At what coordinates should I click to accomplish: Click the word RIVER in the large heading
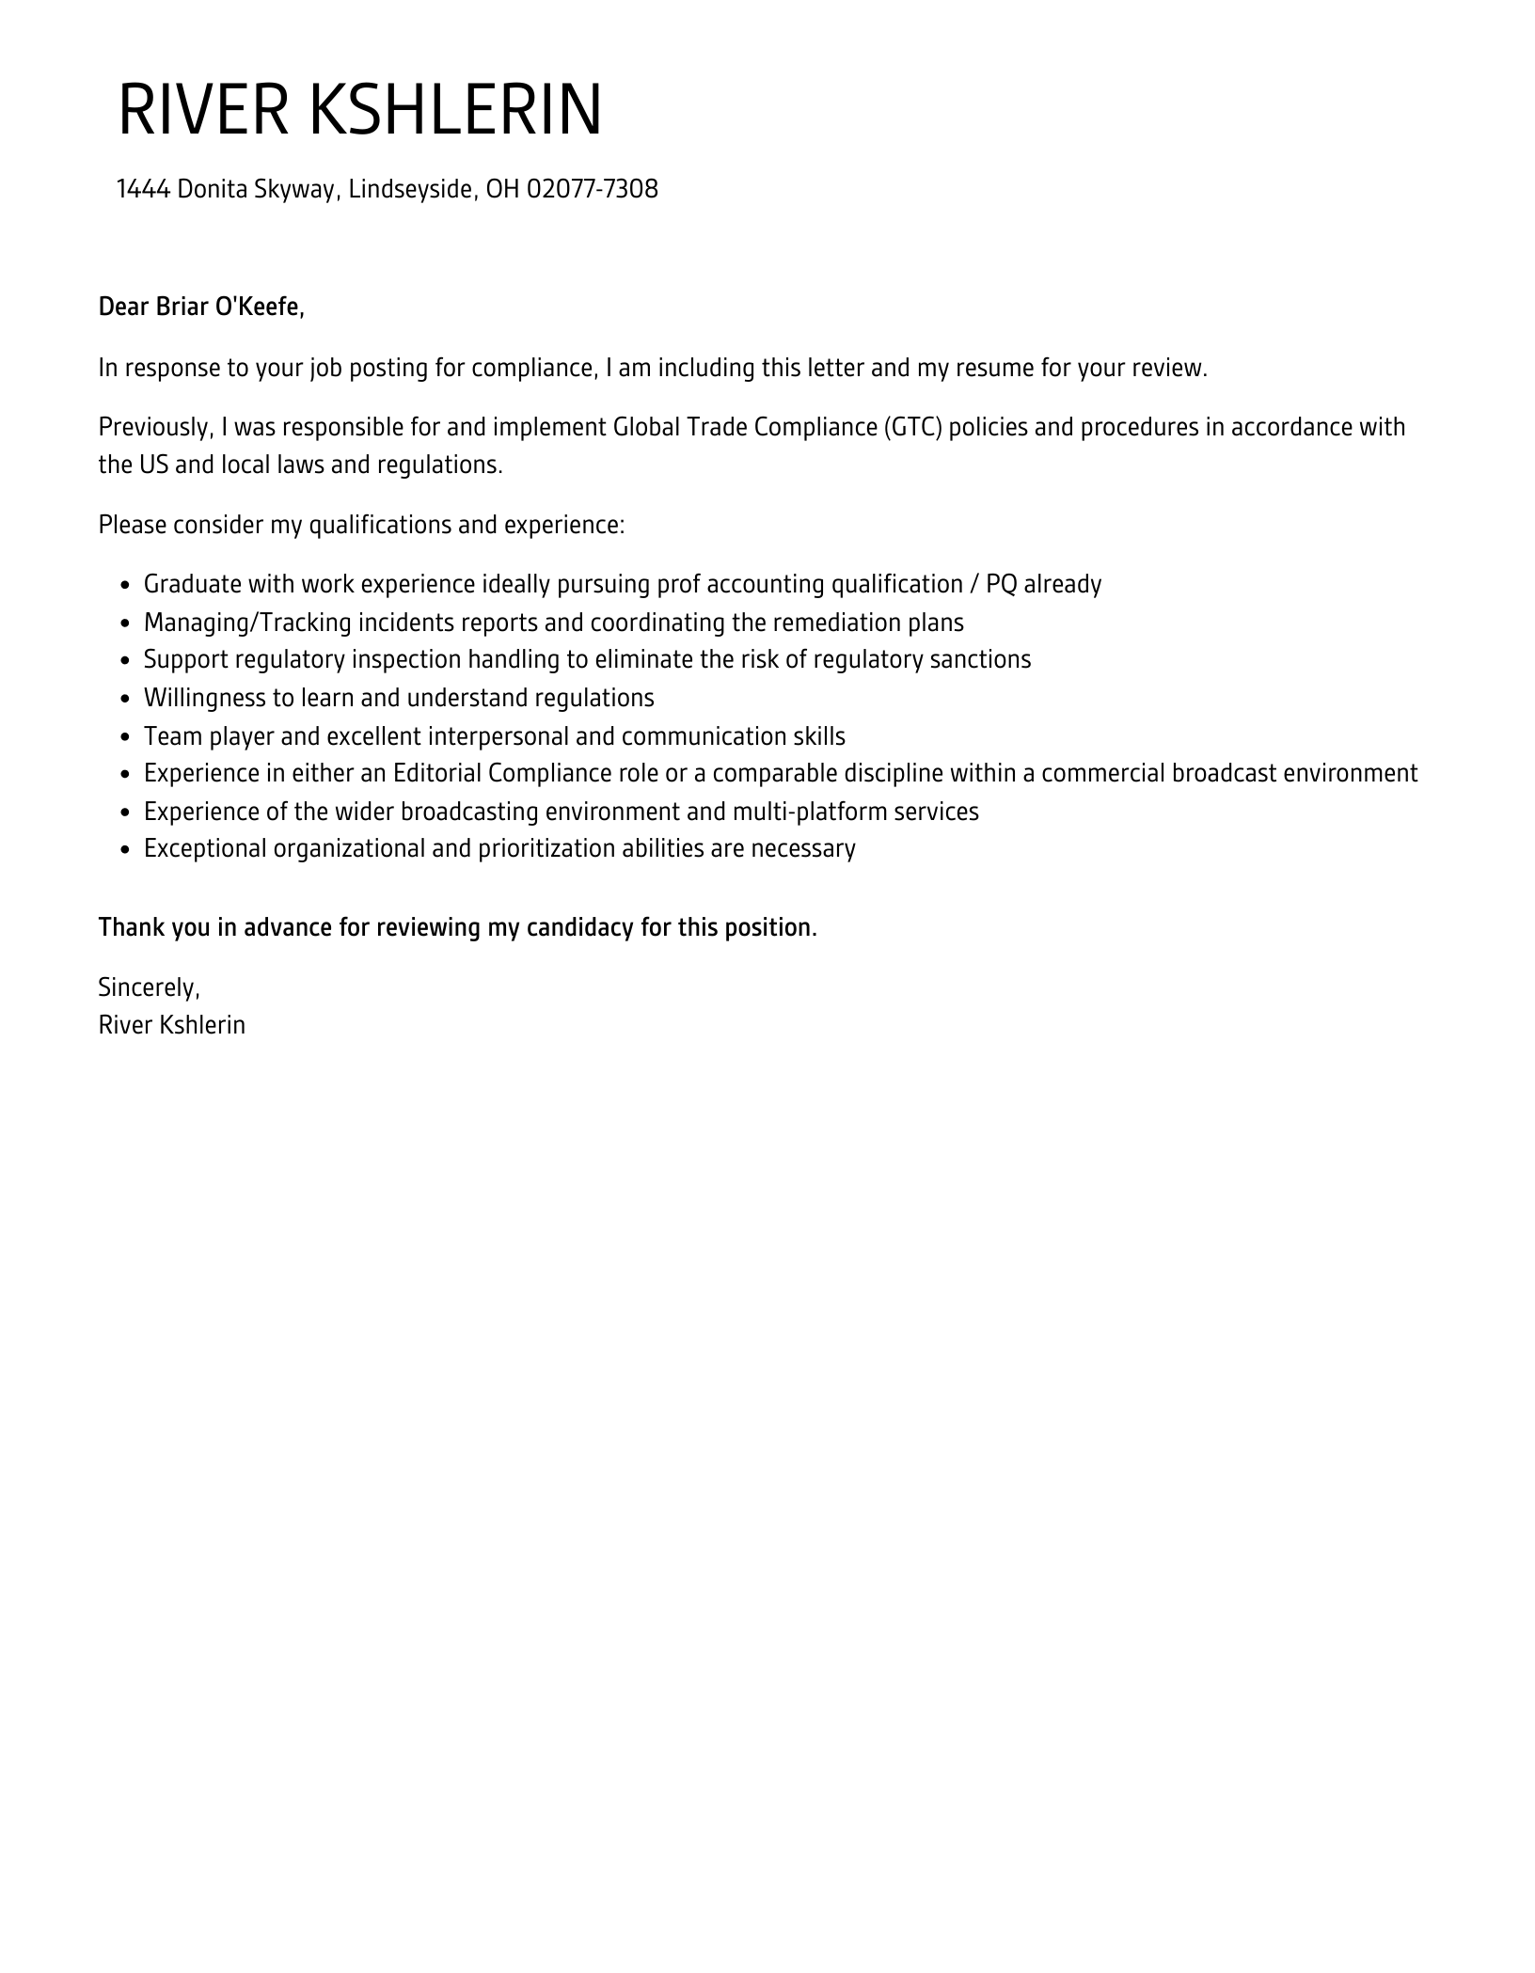pos(202,110)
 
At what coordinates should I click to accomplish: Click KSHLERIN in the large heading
pos(455,110)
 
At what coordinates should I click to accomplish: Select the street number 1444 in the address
pos(143,189)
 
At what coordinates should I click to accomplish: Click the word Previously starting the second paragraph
pos(153,427)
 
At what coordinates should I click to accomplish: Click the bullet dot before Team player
pos(125,737)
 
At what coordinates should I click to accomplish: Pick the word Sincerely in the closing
pos(148,986)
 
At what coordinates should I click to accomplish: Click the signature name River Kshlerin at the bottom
pos(172,1025)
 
